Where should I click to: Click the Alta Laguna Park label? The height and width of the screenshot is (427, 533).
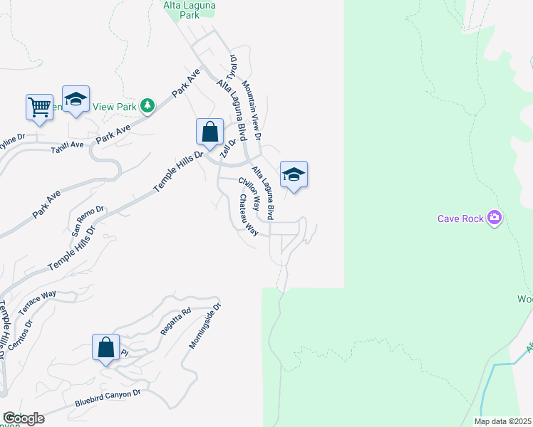[190, 9]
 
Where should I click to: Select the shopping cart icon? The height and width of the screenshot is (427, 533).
[39, 107]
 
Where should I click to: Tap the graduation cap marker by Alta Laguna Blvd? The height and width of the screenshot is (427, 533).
[294, 174]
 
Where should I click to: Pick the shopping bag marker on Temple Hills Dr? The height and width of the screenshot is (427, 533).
[209, 132]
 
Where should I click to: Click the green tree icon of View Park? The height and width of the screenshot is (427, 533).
[148, 106]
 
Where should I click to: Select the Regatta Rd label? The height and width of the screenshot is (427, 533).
[177, 322]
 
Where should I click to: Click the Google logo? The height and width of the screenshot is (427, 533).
[23, 418]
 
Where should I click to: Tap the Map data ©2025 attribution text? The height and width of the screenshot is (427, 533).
[502, 421]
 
